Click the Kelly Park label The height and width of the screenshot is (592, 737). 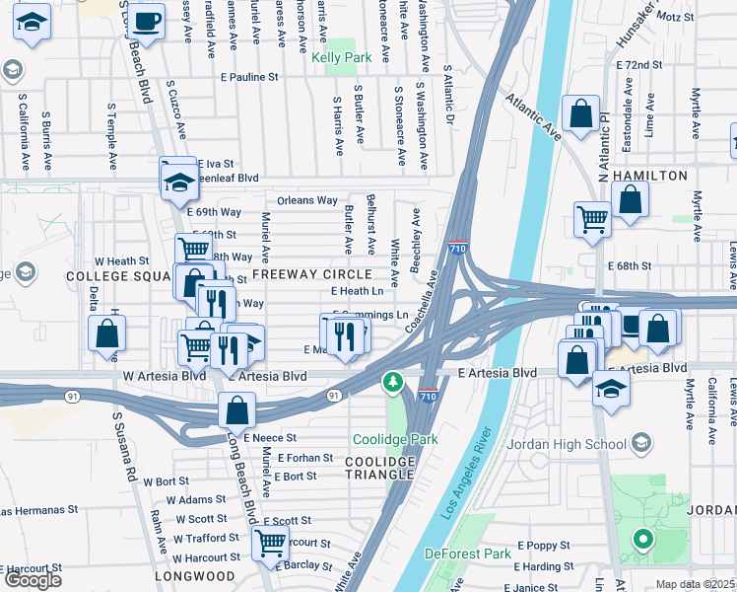click(x=342, y=58)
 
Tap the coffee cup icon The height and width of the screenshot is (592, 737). click(x=147, y=22)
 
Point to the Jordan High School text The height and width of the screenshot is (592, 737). click(x=566, y=444)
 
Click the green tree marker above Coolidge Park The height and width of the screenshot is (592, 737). click(x=393, y=382)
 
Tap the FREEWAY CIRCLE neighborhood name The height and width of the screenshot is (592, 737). click(x=311, y=273)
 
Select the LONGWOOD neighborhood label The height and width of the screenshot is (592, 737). click(x=195, y=576)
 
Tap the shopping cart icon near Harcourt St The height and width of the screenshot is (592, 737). click(x=270, y=542)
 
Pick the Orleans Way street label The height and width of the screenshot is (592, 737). click(x=307, y=200)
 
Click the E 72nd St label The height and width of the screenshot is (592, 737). click(x=645, y=64)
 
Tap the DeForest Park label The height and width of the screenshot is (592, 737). click(x=468, y=554)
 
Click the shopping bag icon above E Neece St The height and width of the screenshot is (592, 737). click(x=237, y=408)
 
